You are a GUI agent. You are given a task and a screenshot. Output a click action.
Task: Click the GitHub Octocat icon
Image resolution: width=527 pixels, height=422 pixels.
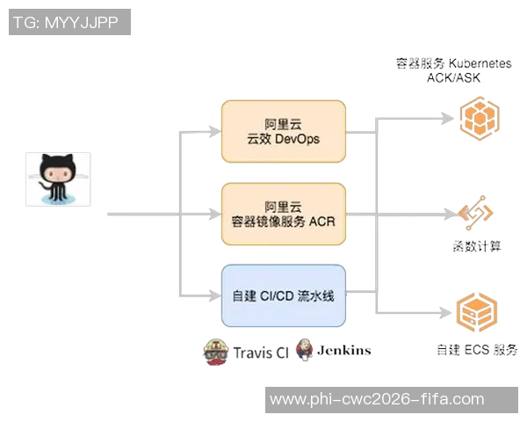(x=58, y=179)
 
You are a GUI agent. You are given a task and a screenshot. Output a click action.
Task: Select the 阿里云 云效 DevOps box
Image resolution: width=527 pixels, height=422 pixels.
(x=284, y=131)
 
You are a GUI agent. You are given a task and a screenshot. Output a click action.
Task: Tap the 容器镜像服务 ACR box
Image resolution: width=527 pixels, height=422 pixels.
(x=284, y=214)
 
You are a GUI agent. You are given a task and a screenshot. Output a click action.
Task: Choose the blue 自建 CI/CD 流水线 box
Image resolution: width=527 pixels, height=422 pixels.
(x=284, y=295)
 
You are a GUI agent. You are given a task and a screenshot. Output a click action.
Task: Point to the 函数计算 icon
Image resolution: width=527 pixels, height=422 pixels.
(x=476, y=214)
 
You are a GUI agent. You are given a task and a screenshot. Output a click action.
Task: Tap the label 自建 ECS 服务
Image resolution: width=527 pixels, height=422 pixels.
(x=477, y=349)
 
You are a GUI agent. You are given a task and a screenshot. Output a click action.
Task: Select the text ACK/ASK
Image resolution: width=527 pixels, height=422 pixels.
(x=453, y=77)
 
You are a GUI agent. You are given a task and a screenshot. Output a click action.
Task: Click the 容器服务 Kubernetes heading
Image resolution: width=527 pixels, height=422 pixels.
(x=453, y=63)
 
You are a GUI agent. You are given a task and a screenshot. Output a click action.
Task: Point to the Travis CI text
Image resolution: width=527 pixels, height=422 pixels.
(x=261, y=353)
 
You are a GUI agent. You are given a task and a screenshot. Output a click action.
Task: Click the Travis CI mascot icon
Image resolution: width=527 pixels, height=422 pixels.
(x=215, y=351)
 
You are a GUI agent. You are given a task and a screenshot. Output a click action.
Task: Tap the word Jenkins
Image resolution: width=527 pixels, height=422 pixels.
(x=343, y=350)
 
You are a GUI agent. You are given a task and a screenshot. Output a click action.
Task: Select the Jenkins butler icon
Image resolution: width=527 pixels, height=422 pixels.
(x=304, y=349)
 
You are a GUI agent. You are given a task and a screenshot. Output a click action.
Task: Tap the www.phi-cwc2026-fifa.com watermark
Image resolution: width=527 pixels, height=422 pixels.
(x=378, y=399)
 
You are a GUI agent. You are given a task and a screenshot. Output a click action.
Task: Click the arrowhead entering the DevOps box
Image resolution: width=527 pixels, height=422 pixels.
(x=216, y=132)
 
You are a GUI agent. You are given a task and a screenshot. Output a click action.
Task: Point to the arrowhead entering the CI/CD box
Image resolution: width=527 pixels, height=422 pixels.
(x=216, y=295)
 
